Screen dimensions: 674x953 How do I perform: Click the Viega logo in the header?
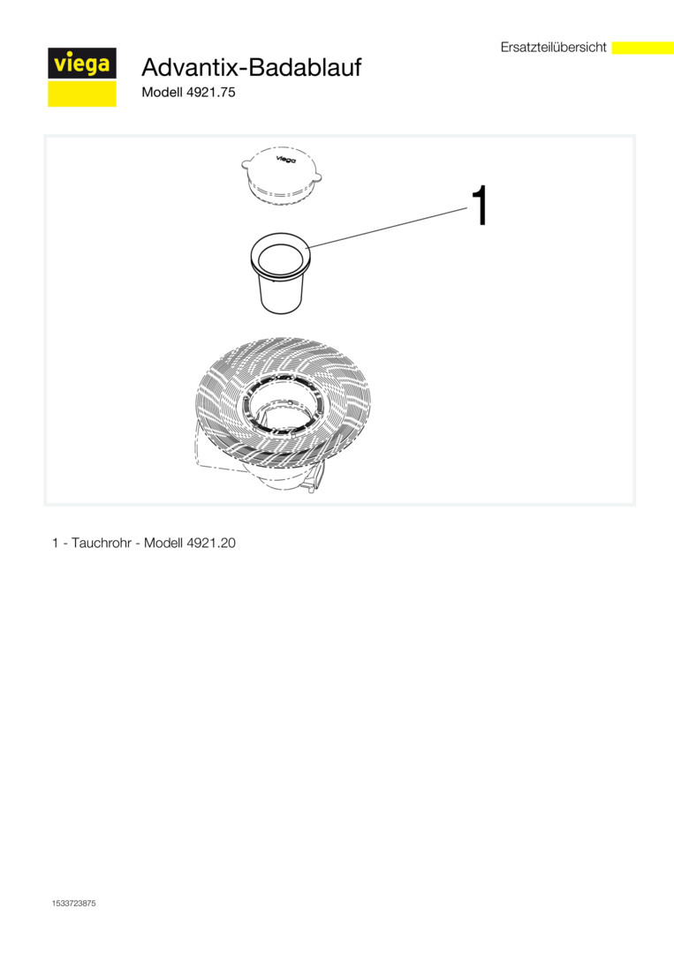pyautogui.click(x=82, y=77)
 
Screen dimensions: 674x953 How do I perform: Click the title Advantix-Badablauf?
pyautogui.click(x=251, y=67)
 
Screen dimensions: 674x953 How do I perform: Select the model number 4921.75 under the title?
pyautogui.click(x=210, y=93)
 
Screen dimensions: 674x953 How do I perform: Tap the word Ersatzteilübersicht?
pyautogui.click(x=554, y=47)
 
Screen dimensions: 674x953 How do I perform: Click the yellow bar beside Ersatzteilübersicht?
pyautogui.click(x=642, y=48)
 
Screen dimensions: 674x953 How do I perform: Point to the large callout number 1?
pyautogui.click(x=480, y=206)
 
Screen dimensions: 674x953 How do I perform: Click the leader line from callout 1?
pyautogui.click(x=388, y=228)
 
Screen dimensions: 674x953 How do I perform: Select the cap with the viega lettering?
pyautogui.click(x=281, y=175)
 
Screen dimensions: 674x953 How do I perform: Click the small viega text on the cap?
pyautogui.click(x=285, y=159)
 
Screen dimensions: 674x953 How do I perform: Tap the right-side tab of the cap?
pyautogui.click(x=316, y=176)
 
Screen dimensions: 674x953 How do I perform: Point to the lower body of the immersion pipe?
pyautogui.click(x=281, y=296)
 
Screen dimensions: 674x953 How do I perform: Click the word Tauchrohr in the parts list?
pyautogui.click(x=102, y=543)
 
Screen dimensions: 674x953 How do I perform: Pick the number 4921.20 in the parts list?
pyautogui.click(x=211, y=543)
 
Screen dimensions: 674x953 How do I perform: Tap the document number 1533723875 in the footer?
pyautogui.click(x=73, y=904)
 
